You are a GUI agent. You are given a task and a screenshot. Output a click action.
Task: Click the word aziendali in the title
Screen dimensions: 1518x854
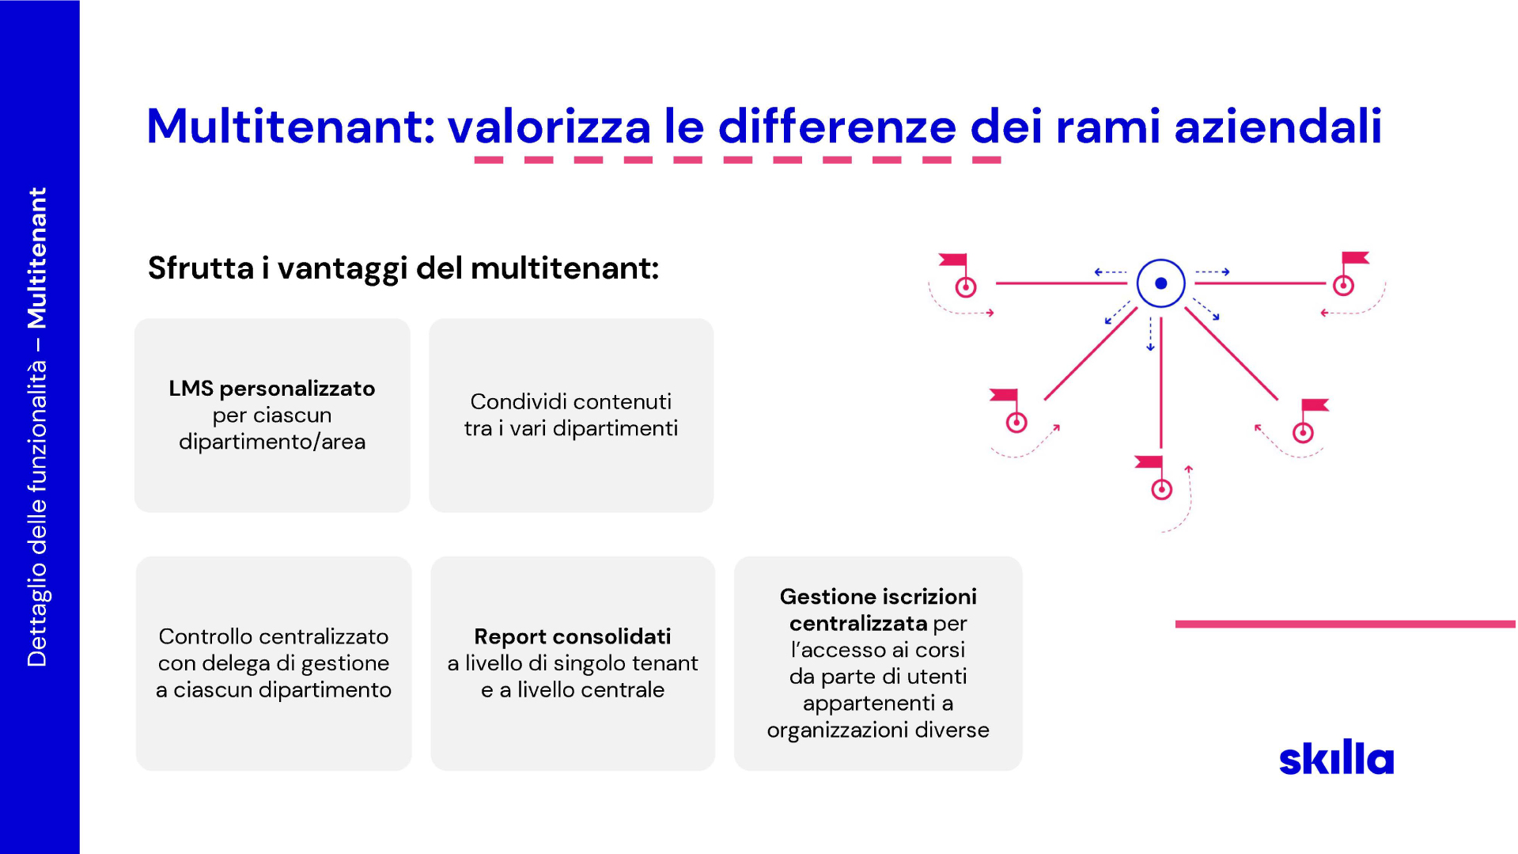point(1278,127)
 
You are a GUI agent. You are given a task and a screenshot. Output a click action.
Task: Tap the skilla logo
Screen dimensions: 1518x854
point(1336,757)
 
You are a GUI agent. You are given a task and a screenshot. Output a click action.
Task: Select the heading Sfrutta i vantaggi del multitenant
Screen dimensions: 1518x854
point(403,268)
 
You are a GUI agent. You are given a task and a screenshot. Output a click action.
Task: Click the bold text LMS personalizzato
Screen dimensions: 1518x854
point(272,389)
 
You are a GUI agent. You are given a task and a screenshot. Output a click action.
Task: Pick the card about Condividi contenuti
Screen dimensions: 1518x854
point(571,415)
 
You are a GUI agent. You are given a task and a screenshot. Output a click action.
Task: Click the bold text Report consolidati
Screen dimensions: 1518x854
point(573,636)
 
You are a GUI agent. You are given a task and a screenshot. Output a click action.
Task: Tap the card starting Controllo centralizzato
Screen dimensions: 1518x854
point(274,663)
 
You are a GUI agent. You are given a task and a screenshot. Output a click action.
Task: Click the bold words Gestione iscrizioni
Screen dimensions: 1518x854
point(878,597)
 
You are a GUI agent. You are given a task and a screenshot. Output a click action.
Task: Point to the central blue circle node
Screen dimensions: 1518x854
point(1160,283)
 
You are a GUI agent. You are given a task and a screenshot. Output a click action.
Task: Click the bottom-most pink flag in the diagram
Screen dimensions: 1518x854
point(1149,461)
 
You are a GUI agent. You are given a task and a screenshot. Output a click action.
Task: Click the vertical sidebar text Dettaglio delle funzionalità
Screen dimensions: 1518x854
point(37,514)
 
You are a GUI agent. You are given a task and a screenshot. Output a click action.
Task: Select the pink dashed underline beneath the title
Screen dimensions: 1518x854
point(737,160)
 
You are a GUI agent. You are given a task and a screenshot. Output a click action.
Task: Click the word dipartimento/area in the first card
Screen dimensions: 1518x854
point(272,442)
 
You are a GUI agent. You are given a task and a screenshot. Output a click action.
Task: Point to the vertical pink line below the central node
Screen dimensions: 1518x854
point(1160,383)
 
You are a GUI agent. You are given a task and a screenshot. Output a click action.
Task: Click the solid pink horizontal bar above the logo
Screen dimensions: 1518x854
point(1346,624)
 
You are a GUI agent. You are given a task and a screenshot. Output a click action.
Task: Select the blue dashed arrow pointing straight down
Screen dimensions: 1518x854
point(1151,333)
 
